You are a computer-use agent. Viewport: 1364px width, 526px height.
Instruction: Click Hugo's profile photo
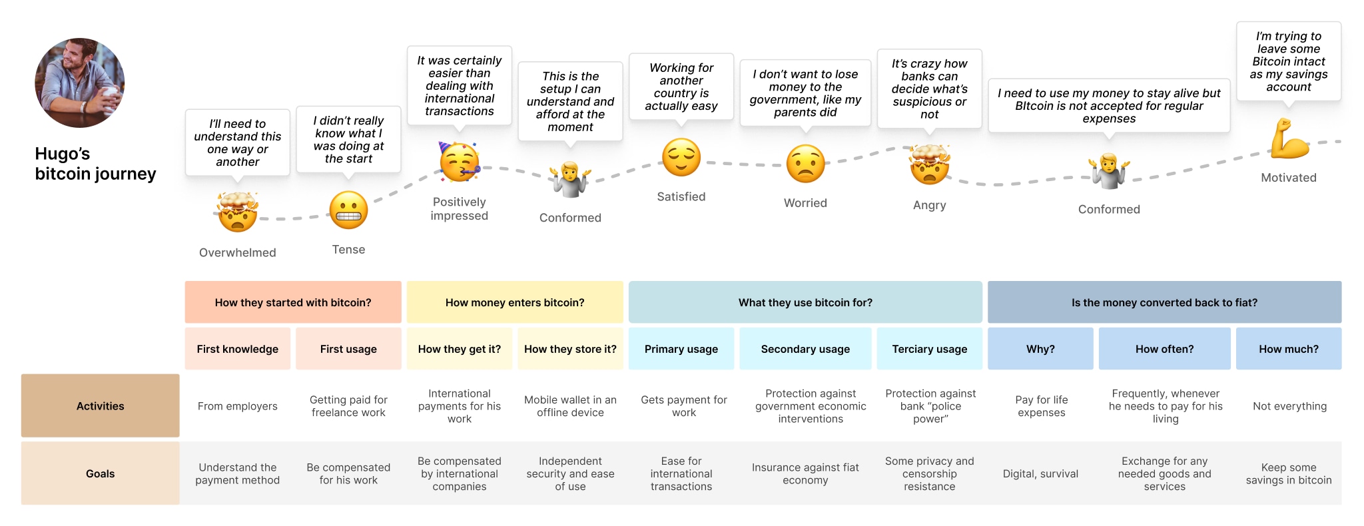(79, 83)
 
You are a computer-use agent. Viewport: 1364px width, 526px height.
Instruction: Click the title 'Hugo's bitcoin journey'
(95, 164)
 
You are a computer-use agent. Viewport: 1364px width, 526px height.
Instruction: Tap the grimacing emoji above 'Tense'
(348, 210)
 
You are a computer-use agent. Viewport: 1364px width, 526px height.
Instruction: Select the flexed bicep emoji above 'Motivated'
(1289, 138)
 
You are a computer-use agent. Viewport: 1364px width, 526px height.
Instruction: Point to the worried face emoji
(805, 164)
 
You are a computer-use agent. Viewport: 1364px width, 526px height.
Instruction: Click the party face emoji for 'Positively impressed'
(459, 162)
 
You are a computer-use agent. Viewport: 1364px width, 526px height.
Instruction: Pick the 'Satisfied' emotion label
(681, 196)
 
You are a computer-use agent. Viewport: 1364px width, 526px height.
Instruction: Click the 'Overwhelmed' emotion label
(237, 252)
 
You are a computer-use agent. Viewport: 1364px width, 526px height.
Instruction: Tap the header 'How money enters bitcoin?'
(515, 302)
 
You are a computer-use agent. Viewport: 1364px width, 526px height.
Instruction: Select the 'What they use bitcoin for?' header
(805, 302)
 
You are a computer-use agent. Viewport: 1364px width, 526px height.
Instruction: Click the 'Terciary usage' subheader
(929, 349)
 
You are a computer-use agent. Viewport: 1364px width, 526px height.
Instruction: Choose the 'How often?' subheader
(1164, 349)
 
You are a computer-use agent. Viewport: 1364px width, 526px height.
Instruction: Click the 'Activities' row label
(100, 406)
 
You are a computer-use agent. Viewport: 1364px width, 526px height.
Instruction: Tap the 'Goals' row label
(100, 473)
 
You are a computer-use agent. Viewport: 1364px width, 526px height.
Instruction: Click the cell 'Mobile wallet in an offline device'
(570, 406)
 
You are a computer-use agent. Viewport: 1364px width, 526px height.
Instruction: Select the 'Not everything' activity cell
(1289, 406)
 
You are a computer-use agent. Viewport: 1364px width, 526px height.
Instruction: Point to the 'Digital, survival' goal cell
(1040, 473)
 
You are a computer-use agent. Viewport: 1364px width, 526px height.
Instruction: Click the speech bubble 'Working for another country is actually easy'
(681, 87)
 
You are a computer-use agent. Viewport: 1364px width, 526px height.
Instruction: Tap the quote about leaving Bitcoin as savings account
(1288, 61)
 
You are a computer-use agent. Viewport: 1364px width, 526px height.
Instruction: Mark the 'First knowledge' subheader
(237, 349)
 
